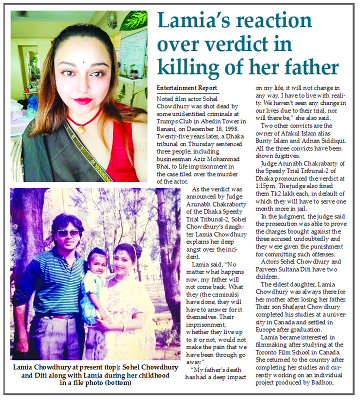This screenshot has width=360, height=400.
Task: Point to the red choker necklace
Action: (84, 120)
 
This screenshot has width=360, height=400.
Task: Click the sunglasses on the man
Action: (68, 233)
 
